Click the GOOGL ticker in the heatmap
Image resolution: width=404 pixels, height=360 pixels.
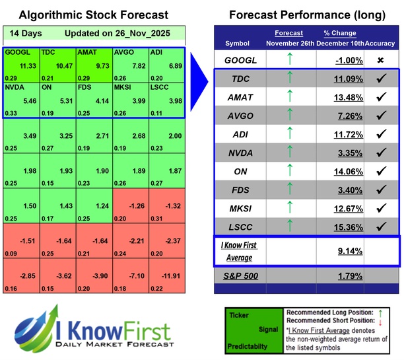click(x=16, y=52)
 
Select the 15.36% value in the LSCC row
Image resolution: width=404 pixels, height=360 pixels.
click(x=340, y=227)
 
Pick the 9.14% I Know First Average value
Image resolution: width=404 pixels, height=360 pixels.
click(x=340, y=251)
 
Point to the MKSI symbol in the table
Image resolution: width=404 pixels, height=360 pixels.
click(x=242, y=208)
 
